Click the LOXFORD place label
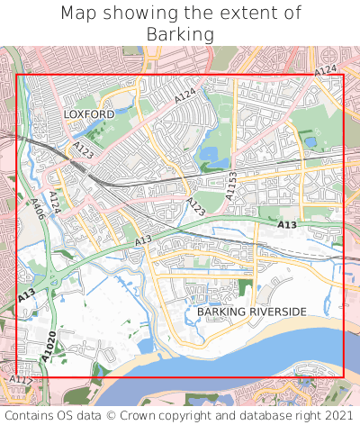pyautogui.click(x=89, y=114)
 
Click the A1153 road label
pyautogui.click(x=231, y=185)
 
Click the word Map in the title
pyautogui.click(x=79, y=14)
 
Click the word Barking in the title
pyautogui.click(x=180, y=34)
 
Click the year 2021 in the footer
pyautogui.click(x=338, y=416)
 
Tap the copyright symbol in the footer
pyautogui.click(x=112, y=416)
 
